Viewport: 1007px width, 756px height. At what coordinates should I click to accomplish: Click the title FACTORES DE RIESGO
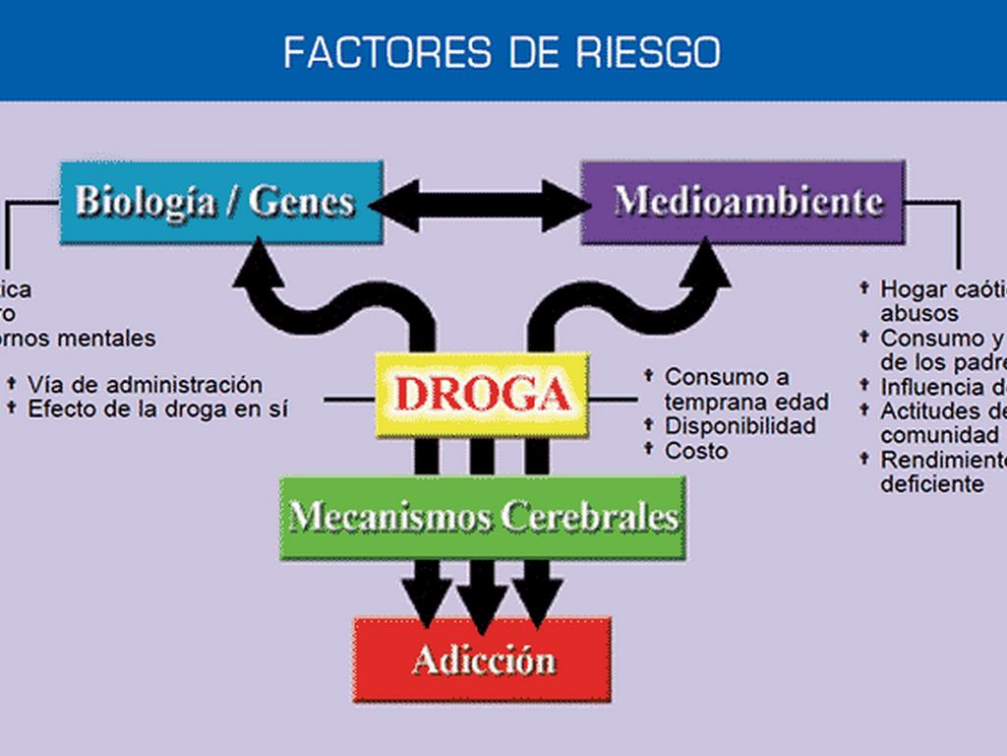coord(502,51)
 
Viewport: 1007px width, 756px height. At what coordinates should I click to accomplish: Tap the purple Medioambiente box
coord(742,202)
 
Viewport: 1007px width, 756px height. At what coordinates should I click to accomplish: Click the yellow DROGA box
coord(482,394)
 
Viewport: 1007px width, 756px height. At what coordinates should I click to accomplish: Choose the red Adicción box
coord(482,659)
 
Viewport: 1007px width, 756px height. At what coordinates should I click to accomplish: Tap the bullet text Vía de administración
coord(145,384)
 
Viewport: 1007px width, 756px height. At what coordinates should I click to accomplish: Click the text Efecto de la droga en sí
coord(157,409)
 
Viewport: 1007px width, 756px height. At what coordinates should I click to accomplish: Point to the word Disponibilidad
coord(740,426)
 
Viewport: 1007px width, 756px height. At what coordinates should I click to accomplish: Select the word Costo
coord(696,451)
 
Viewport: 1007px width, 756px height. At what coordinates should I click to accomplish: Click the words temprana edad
coord(746,402)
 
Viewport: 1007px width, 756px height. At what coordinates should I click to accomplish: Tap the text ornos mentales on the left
coord(79,339)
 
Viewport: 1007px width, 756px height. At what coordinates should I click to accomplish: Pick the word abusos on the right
coord(919,313)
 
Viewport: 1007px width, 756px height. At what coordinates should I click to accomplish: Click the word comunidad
coord(939,435)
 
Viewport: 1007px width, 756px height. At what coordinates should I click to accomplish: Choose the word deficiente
coord(931,484)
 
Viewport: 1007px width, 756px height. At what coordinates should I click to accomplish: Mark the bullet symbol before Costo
coord(649,449)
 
